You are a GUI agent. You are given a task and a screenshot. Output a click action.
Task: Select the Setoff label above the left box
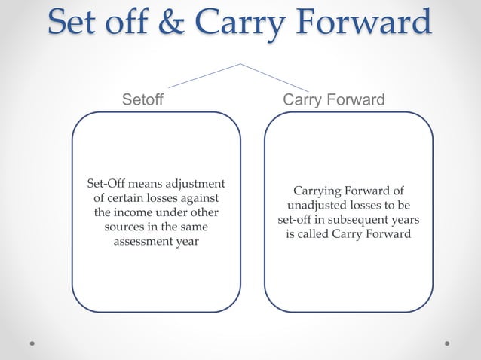142,100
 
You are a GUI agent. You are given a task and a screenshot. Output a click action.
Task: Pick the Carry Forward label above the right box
333,100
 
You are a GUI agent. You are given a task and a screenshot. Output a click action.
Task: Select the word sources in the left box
125,227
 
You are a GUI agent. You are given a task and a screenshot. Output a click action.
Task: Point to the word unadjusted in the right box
317,206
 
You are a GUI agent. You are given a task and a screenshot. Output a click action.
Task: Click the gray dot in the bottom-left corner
32,343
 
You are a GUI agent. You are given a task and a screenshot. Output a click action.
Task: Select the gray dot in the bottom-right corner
447,343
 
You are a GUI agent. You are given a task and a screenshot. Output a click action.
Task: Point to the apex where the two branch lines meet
240,64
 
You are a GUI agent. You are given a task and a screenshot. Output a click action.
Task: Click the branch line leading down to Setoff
204,76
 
